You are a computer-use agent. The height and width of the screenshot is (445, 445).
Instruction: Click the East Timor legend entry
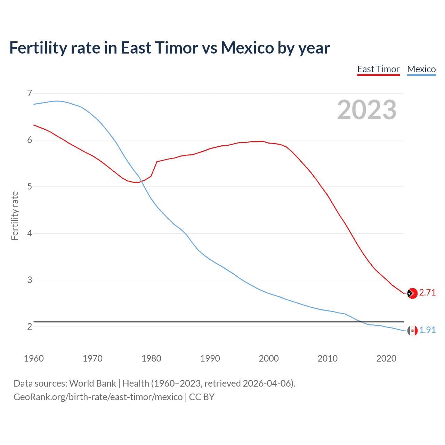tap(378, 69)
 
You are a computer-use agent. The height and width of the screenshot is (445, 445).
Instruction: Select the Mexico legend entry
tap(421, 69)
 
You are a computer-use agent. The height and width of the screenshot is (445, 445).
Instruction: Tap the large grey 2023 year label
tap(367, 110)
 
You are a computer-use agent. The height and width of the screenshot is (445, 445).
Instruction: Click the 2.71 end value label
tap(427, 293)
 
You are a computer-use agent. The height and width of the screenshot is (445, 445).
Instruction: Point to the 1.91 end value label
tap(427, 330)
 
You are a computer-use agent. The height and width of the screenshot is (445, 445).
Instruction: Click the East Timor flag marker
tap(412, 293)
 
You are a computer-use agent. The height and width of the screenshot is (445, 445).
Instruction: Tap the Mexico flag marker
tap(412, 331)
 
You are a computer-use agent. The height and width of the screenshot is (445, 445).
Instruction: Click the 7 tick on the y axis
tap(30, 93)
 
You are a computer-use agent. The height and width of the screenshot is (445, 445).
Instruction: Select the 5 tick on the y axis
tap(30, 187)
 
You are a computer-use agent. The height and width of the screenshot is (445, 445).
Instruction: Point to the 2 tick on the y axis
tap(30, 326)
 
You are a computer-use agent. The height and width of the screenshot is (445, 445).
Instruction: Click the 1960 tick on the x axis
tap(34, 358)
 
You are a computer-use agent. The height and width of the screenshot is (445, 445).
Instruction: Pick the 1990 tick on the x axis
tap(210, 358)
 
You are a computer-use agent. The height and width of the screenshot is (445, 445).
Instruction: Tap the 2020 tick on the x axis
tap(386, 358)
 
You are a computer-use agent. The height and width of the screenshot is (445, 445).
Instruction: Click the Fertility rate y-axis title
tap(15, 216)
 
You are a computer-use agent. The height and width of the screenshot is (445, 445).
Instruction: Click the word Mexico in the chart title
tap(247, 48)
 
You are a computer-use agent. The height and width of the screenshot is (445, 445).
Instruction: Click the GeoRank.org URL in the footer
tap(98, 397)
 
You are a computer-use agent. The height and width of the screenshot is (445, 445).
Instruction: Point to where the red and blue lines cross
tap(141, 181)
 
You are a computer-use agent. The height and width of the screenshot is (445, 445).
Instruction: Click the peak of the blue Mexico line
tap(57, 101)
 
